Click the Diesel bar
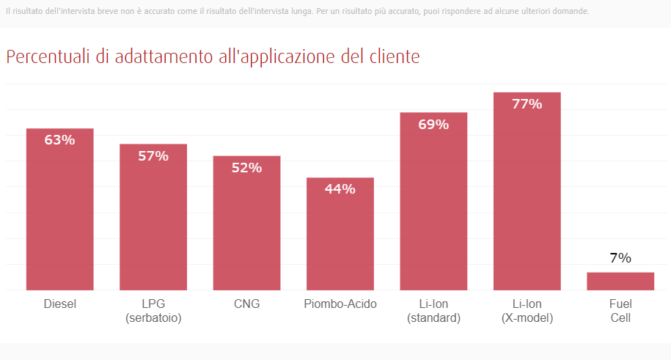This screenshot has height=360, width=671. point(60,209)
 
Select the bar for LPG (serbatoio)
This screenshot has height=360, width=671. point(153,217)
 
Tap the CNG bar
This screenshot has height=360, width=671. point(247,223)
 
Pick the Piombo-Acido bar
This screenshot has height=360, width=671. point(340,234)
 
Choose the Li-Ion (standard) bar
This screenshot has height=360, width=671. point(433,201)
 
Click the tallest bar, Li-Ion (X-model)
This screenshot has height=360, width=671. point(527,191)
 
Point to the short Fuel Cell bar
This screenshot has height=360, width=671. point(620,282)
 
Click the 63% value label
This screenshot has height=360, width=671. point(60,140)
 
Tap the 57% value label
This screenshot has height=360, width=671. point(153,156)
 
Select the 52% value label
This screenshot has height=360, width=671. point(247,168)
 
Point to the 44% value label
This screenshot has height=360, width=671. point(340,189)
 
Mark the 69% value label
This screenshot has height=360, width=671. point(433,125)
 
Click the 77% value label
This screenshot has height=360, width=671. point(527,104)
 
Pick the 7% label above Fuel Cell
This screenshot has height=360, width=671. point(620,258)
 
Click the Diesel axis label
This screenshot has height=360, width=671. point(60,304)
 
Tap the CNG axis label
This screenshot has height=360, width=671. point(247,304)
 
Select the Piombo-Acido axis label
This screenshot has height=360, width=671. point(340,304)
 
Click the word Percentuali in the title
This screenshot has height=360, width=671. point(48,56)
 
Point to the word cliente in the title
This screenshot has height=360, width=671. point(395,56)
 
